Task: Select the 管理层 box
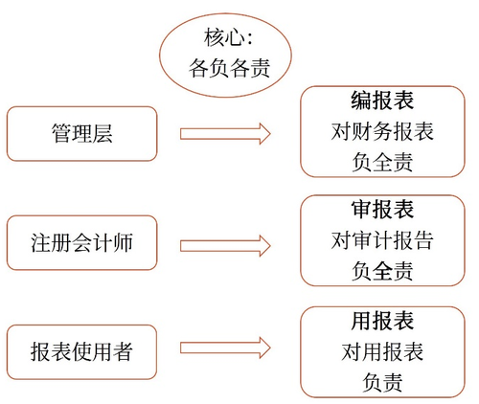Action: click(x=80, y=133)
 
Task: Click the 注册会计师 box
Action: click(x=80, y=242)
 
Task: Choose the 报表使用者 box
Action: click(x=80, y=351)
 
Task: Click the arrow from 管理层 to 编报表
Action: click(x=224, y=133)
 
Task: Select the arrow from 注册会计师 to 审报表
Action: click(x=224, y=242)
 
